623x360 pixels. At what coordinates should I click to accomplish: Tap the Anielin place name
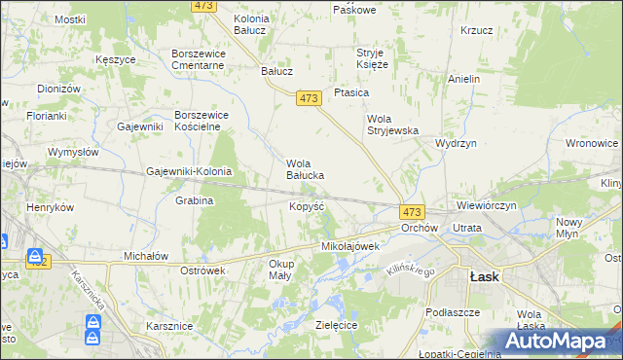(464, 79)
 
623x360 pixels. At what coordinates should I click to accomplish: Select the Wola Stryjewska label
(391, 125)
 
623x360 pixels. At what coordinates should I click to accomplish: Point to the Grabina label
(194, 200)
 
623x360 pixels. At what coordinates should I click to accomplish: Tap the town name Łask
(484, 276)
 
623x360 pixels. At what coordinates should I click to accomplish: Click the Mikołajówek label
(349, 247)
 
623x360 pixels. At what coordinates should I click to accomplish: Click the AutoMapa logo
(557, 341)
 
